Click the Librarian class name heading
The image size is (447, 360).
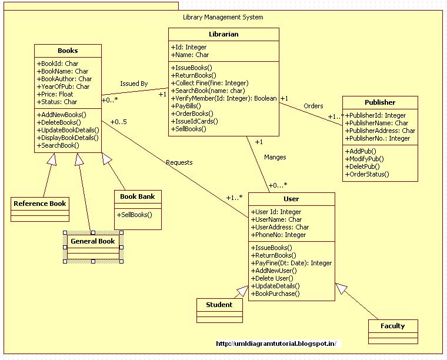coord(223,34)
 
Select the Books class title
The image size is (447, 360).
coord(68,51)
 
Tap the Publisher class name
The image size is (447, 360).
coord(380,102)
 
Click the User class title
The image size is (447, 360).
coord(291,199)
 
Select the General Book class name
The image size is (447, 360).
coord(92,241)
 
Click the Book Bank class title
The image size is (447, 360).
coord(137,196)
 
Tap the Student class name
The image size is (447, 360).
coord(219,305)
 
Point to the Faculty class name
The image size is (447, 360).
coord(392,326)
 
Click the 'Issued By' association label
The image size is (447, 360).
coord(134,84)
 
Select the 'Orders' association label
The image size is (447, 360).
coord(313,106)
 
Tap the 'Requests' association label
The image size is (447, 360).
coord(179,162)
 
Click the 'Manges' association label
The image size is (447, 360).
coord(275,157)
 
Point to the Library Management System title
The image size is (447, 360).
coord(223,17)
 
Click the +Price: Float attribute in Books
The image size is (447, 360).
coord(55,94)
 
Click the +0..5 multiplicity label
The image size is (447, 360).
coord(118,122)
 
